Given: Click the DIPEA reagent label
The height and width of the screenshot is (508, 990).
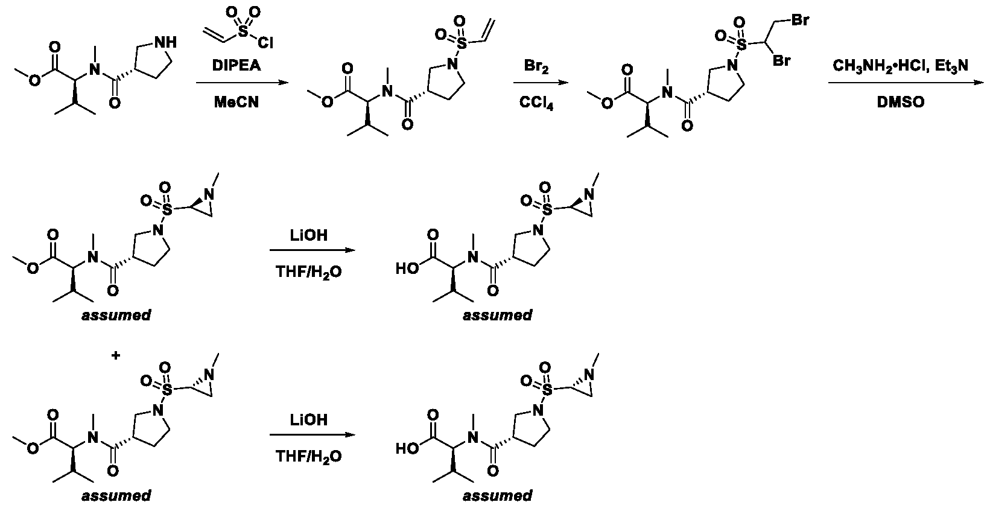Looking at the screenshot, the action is click(x=236, y=65).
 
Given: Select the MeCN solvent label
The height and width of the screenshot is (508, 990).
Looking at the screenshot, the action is click(x=236, y=102).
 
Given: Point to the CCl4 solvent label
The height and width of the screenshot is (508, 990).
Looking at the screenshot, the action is click(x=536, y=103).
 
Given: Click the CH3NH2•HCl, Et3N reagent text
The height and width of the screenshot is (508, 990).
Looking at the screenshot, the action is click(x=900, y=66).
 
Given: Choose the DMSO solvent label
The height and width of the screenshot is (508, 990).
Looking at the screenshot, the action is click(x=900, y=102).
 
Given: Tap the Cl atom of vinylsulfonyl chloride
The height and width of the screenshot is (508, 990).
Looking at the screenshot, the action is click(x=265, y=42).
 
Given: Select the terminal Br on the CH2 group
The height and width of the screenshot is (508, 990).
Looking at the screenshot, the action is click(x=800, y=21).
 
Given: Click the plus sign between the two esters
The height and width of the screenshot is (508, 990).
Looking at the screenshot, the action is click(x=116, y=355).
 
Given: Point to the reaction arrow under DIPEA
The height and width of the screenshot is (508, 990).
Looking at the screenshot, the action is click(x=242, y=83).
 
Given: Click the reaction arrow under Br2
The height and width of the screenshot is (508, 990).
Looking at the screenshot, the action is click(x=541, y=83).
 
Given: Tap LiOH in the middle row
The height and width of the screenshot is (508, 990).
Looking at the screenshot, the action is click(x=309, y=235).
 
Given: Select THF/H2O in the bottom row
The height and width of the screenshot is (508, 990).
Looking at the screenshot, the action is click(x=309, y=456).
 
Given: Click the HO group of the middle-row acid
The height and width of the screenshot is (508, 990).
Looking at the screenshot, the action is click(x=407, y=268).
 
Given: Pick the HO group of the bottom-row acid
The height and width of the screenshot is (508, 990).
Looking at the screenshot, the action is click(x=407, y=449).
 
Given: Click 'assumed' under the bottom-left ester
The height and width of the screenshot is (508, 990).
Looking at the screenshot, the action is click(x=116, y=495).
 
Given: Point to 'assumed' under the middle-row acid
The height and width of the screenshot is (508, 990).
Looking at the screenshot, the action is click(x=498, y=315).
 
